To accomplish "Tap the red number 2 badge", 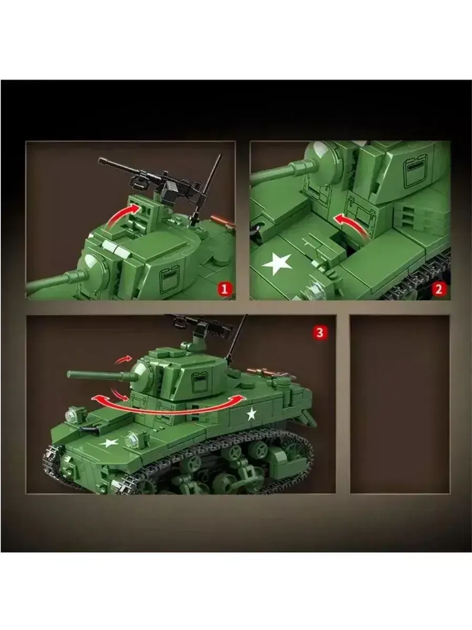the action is [438, 290].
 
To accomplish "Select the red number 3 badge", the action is [320, 332].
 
